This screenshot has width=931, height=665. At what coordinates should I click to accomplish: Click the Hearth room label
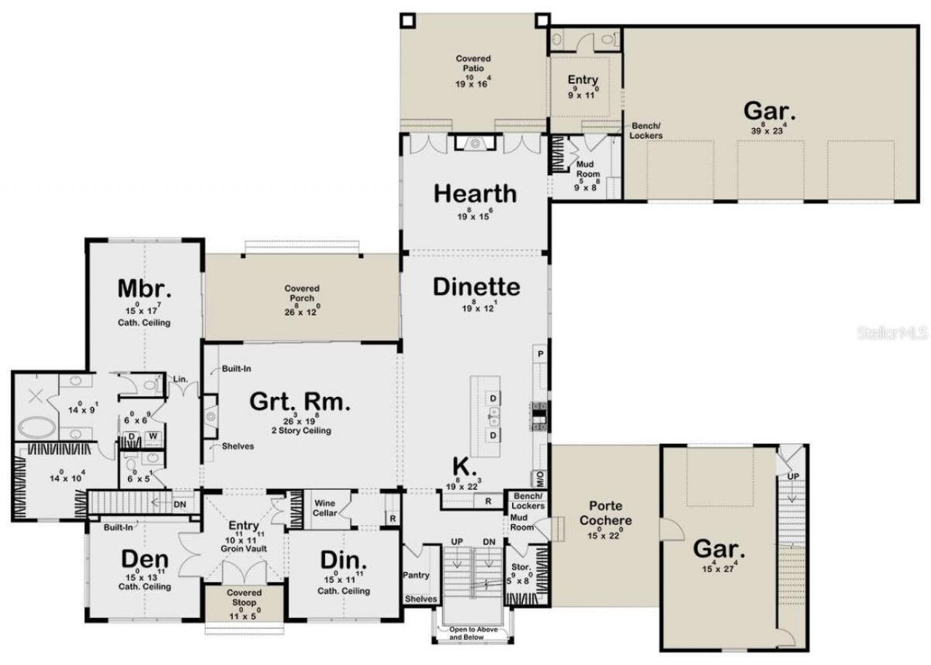point(475,194)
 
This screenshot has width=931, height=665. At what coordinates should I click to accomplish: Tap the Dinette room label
point(476,286)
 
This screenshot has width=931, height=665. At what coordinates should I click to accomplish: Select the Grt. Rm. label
point(300,401)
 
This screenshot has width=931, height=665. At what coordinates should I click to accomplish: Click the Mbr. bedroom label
point(145,289)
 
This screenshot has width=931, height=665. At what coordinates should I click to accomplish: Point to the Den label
point(144,560)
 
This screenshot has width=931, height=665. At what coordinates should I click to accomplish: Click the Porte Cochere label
point(599,514)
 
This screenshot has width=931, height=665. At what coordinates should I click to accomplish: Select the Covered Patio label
point(473,63)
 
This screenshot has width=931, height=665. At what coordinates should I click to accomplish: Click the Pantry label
point(417,575)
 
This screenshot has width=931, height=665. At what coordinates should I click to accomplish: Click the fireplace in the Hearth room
point(475,144)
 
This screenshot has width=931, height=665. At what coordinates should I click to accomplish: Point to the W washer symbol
point(153,436)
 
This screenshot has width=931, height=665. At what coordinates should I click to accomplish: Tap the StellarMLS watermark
point(892,333)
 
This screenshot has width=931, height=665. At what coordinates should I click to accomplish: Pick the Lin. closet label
point(179,379)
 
